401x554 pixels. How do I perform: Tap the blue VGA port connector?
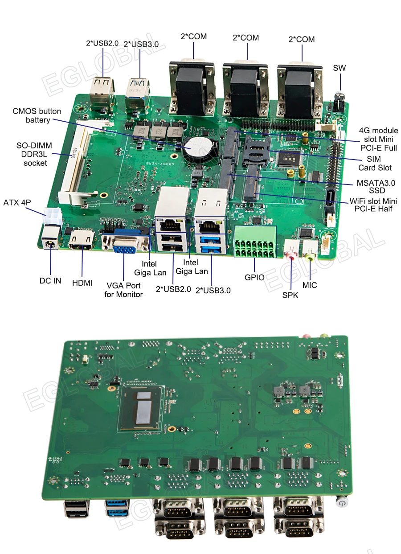click(x=124, y=244)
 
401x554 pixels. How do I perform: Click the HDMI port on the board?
click(x=82, y=241)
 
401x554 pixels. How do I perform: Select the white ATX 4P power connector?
click(x=52, y=218)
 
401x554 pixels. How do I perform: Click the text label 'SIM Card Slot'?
click(x=375, y=163)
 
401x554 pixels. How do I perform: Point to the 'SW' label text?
click(x=339, y=68)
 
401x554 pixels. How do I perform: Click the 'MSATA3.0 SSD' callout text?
click(x=376, y=187)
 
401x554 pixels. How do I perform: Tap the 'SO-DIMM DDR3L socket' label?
click(x=34, y=154)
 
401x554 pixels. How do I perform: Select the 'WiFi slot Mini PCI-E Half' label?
click(x=373, y=205)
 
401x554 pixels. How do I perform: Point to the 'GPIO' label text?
click(x=254, y=277)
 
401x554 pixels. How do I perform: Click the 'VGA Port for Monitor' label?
click(x=123, y=290)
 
